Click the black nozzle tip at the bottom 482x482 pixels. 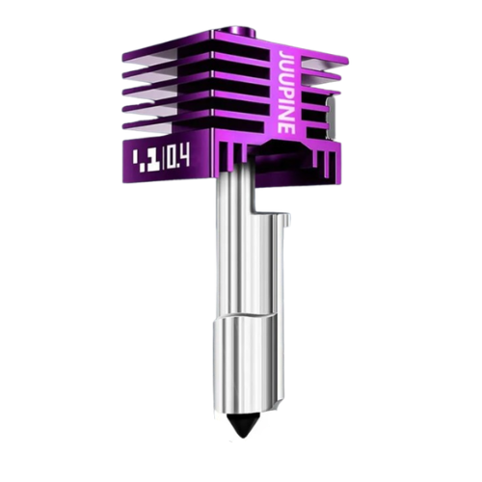pos(240,421)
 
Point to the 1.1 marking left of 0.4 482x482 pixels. pos(133,157)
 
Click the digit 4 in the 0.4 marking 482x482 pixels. pos(184,157)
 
